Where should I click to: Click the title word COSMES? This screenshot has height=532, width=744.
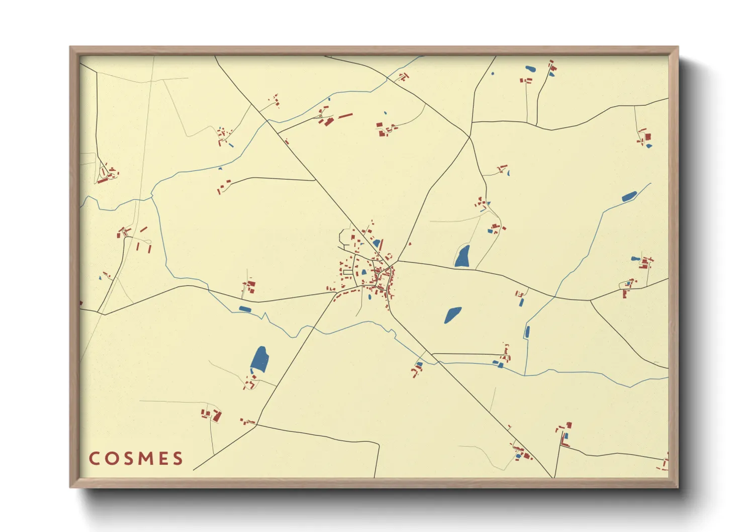click(x=136, y=458)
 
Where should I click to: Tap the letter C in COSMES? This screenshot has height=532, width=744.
click(x=94, y=458)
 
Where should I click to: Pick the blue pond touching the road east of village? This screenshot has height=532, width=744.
click(x=462, y=256)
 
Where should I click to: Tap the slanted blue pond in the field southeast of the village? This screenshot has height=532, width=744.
click(x=452, y=315)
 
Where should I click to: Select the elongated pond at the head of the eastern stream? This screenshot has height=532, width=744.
click(x=629, y=197)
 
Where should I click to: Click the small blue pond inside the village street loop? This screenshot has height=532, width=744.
click(x=363, y=272)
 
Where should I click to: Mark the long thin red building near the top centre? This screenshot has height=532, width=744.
click(x=345, y=116)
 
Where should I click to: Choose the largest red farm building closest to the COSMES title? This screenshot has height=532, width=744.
click(x=217, y=416)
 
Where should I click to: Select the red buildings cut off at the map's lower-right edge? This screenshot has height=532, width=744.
click(x=665, y=463)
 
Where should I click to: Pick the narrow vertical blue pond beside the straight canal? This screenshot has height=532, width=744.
click(x=527, y=332)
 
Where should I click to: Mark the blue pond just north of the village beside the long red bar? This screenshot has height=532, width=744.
click(x=376, y=243)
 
